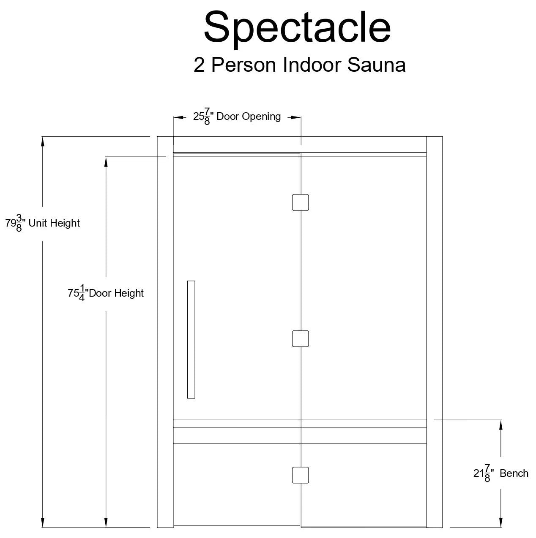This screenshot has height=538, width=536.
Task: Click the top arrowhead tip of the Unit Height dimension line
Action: [x=43, y=137]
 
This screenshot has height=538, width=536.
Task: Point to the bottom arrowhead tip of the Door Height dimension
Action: [x=106, y=527]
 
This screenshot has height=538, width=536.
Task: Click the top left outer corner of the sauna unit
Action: [x=157, y=137]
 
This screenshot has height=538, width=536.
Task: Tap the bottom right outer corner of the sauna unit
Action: [x=442, y=527]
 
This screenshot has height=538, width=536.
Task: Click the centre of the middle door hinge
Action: [x=300, y=339]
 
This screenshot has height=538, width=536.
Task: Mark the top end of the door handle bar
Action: [x=191, y=281]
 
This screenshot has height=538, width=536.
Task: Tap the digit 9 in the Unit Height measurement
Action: [x=13, y=223]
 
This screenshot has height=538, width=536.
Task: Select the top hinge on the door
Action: [x=300, y=203]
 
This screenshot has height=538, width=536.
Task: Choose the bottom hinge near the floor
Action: [x=300, y=475]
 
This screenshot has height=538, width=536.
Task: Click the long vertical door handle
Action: [x=191, y=340]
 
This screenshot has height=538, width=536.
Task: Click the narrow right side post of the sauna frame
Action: [x=435, y=332]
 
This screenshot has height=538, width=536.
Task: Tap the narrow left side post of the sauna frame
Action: [x=165, y=332]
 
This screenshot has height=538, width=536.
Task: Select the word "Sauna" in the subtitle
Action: [x=376, y=65]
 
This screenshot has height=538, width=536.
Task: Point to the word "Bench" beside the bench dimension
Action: [x=514, y=473]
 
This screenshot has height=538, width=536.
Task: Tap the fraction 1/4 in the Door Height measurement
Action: [x=82, y=293]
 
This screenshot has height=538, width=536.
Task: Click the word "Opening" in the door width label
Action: [x=261, y=117]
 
